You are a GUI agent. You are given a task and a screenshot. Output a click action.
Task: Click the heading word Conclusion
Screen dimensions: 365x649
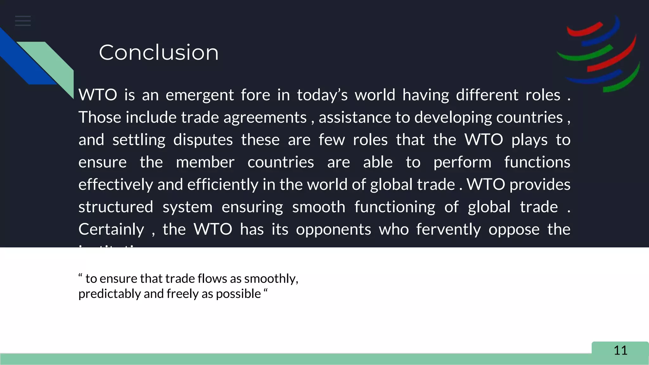click(x=158, y=52)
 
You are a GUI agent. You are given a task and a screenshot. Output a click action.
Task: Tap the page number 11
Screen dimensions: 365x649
click(x=620, y=350)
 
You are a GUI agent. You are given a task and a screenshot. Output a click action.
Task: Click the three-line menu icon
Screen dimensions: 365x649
click(x=23, y=21)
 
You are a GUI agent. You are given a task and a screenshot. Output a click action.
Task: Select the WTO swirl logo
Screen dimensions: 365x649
click(x=599, y=54)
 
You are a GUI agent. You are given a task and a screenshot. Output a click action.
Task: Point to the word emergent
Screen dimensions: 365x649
click(x=200, y=95)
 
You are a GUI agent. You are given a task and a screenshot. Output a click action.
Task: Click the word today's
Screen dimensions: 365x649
click(x=322, y=95)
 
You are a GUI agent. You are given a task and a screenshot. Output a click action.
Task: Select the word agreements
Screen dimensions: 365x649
click(x=265, y=118)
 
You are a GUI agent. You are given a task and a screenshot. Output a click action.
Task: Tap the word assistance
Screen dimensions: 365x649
click(x=355, y=118)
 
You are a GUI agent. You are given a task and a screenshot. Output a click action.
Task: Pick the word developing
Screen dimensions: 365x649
click(x=453, y=118)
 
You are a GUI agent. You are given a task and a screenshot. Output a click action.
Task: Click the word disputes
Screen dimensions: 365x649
click(x=203, y=140)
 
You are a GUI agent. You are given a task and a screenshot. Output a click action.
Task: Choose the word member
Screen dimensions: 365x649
click(x=205, y=162)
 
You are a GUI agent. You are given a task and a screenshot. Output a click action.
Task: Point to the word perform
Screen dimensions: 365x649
click(x=462, y=162)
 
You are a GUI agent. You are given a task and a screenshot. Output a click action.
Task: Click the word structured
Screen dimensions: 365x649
click(x=116, y=207)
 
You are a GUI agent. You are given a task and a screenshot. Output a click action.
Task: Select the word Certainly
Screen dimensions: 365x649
click(x=111, y=229)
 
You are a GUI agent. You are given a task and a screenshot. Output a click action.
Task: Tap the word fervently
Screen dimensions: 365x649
click(x=448, y=229)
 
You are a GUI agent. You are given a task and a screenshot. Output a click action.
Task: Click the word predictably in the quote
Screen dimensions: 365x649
click(x=110, y=294)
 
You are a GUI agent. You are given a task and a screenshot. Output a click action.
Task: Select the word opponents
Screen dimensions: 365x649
click(x=333, y=229)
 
